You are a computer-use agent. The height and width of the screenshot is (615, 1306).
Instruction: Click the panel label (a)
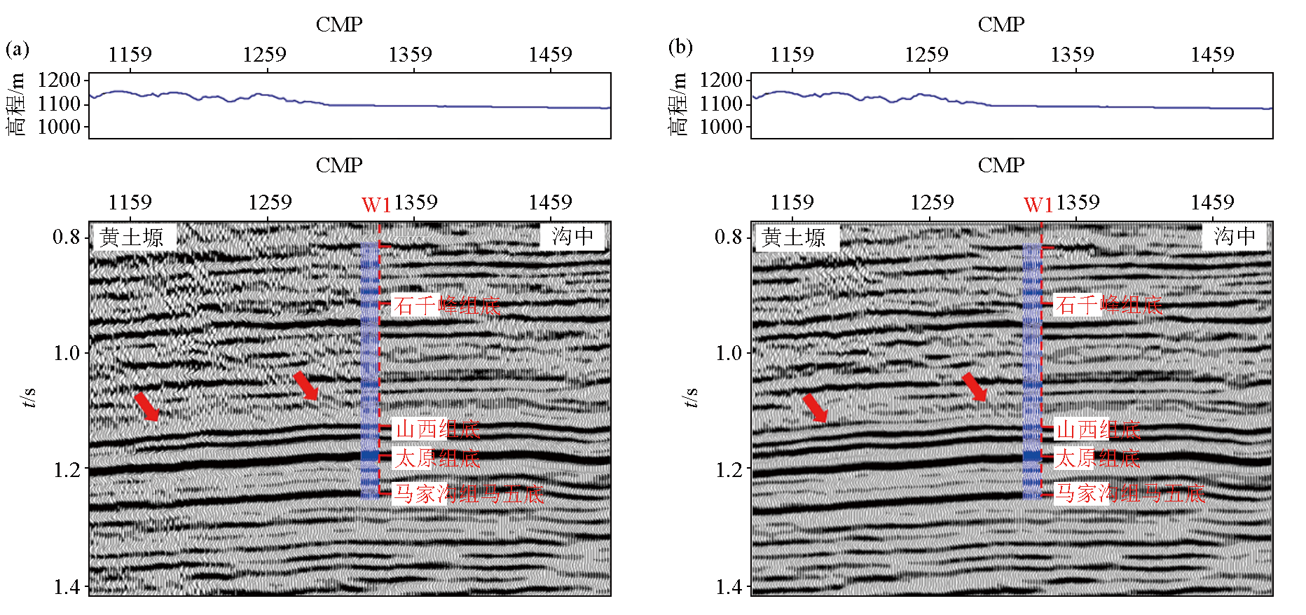pyautogui.click(x=18, y=49)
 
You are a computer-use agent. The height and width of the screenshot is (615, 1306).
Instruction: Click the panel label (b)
pyautogui.click(x=680, y=48)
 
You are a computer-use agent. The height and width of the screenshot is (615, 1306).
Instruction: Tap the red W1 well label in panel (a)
pyautogui.click(x=376, y=205)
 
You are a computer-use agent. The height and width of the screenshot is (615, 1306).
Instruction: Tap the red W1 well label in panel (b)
pyautogui.click(x=1038, y=205)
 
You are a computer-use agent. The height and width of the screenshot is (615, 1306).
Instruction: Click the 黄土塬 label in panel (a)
pyautogui.click(x=132, y=237)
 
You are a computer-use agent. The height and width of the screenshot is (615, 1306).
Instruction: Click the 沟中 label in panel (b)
pyautogui.click(x=1235, y=236)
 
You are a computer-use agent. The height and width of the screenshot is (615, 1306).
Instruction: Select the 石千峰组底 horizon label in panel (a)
pyautogui.click(x=447, y=305)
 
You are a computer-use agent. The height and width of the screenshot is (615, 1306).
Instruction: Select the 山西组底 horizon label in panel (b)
pyautogui.click(x=1098, y=429)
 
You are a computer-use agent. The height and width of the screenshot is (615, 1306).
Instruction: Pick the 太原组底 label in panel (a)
pyautogui.click(x=437, y=459)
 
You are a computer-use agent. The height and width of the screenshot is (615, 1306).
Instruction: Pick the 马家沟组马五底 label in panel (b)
pyautogui.click(x=1130, y=494)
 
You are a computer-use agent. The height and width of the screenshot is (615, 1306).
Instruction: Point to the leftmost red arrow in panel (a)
pyautogui.click(x=146, y=407)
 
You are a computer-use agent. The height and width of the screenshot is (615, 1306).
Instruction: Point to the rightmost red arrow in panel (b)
pyautogui.click(x=975, y=387)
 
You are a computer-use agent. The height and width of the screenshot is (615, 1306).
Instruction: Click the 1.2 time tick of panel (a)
pyautogui.click(x=67, y=469)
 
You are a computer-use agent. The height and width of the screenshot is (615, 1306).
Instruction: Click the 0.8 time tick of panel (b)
pyautogui.click(x=729, y=237)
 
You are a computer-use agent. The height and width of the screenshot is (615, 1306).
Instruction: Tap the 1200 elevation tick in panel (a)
pyautogui.click(x=59, y=80)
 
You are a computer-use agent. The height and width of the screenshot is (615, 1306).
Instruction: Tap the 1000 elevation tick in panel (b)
pyautogui.click(x=721, y=127)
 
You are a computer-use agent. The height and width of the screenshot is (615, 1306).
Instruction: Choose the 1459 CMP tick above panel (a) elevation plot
pyautogui.click(x=550, y=55)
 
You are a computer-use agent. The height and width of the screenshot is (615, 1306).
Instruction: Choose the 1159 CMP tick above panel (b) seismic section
pyautogui.click(x=792, y=202)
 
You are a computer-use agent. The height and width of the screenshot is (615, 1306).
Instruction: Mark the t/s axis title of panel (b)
pyautogui.click(x=690, y=397)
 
